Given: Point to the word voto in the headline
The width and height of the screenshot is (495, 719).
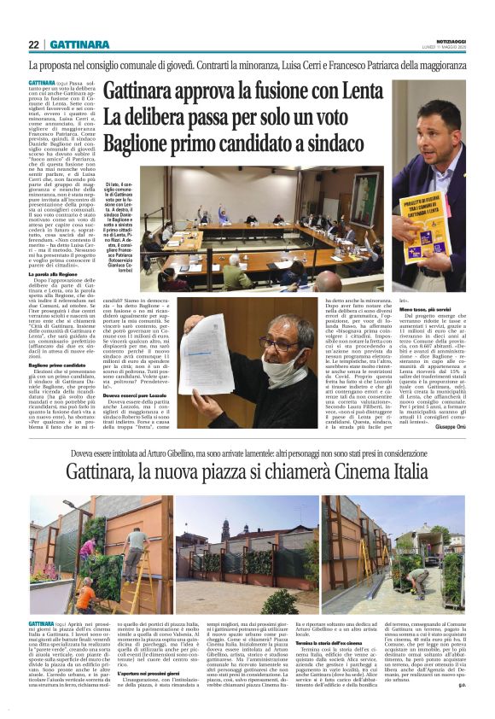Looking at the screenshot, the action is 362,118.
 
